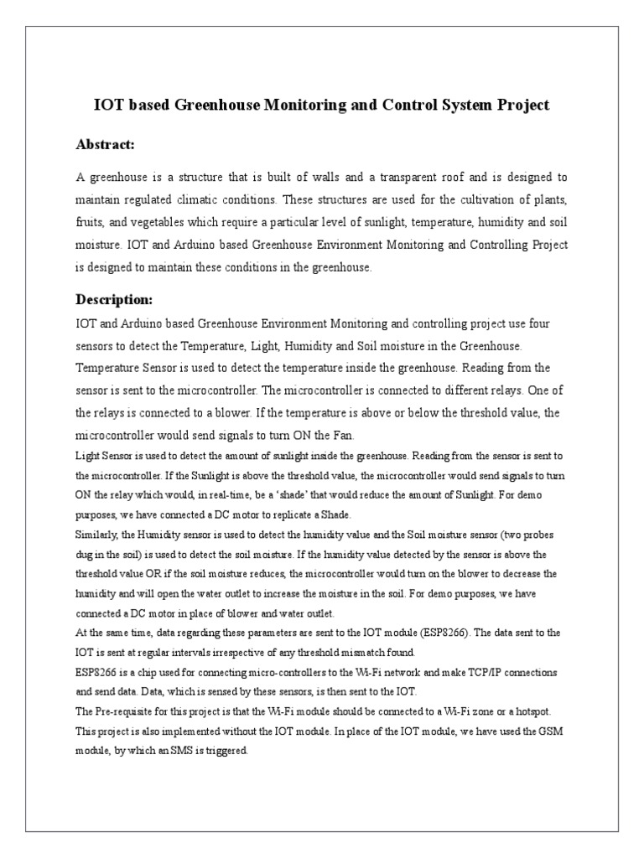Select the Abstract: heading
tap(105, 145)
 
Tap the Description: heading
tap(114, 299)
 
